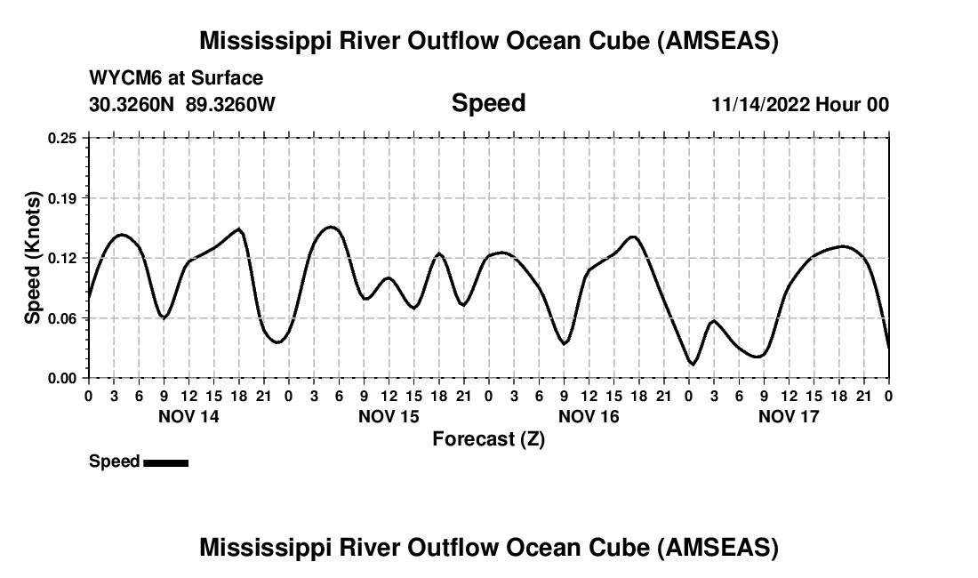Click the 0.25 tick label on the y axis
(62, 138)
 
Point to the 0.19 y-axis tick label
(62, 197)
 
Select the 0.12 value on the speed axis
(62, 258)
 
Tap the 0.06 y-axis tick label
(62, 318)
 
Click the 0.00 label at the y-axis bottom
(62, 378)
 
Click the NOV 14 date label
(188, 415)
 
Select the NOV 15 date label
(389, 415)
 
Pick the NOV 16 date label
(589, 415)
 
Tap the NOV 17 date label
(789, 415)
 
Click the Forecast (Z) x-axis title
(488, 438)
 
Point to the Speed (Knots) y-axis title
(33, 258)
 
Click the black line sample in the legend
(165, 462)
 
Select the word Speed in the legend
(114, 462)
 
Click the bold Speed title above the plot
(488, 103)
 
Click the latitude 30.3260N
(132, 104)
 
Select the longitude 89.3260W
(230, 104)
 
